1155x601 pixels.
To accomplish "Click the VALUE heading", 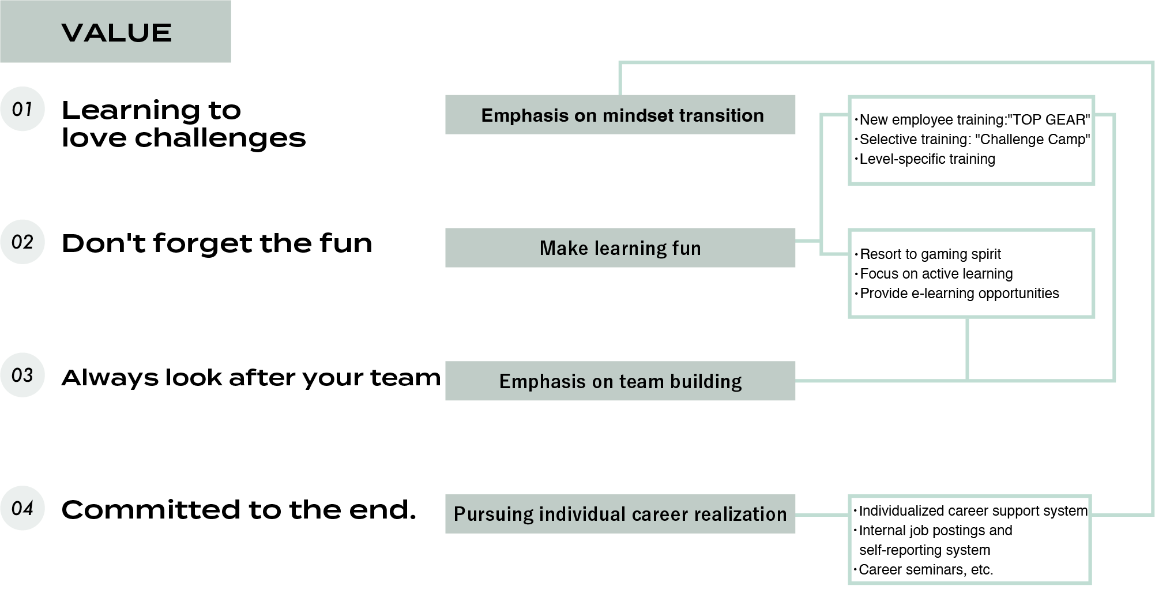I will pos(116,33).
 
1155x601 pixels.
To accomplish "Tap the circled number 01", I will pos(22,109).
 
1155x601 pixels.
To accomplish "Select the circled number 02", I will pos(22,242).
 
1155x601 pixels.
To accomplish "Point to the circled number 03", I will pos(22,375).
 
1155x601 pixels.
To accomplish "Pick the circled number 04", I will pos(22,508).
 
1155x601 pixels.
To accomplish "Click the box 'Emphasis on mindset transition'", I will pos(620,115).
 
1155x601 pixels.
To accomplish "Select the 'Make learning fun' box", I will pos(620,248).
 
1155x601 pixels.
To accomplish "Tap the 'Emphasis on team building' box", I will pos(620,381).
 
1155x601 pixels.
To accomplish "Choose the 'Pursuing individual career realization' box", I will pos(620,514).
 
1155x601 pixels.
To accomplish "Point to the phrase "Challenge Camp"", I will pos(1034,140).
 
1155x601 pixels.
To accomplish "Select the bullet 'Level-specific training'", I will pos(927,159).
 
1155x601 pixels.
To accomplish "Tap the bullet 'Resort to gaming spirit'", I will pos(930,254).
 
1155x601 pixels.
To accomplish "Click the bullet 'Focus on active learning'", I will pos(936,274).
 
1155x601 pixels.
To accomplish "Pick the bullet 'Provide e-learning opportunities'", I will pos(959,294).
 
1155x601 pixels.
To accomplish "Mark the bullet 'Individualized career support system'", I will pos(973,511).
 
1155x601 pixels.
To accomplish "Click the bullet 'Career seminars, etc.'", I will pos(925,570).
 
